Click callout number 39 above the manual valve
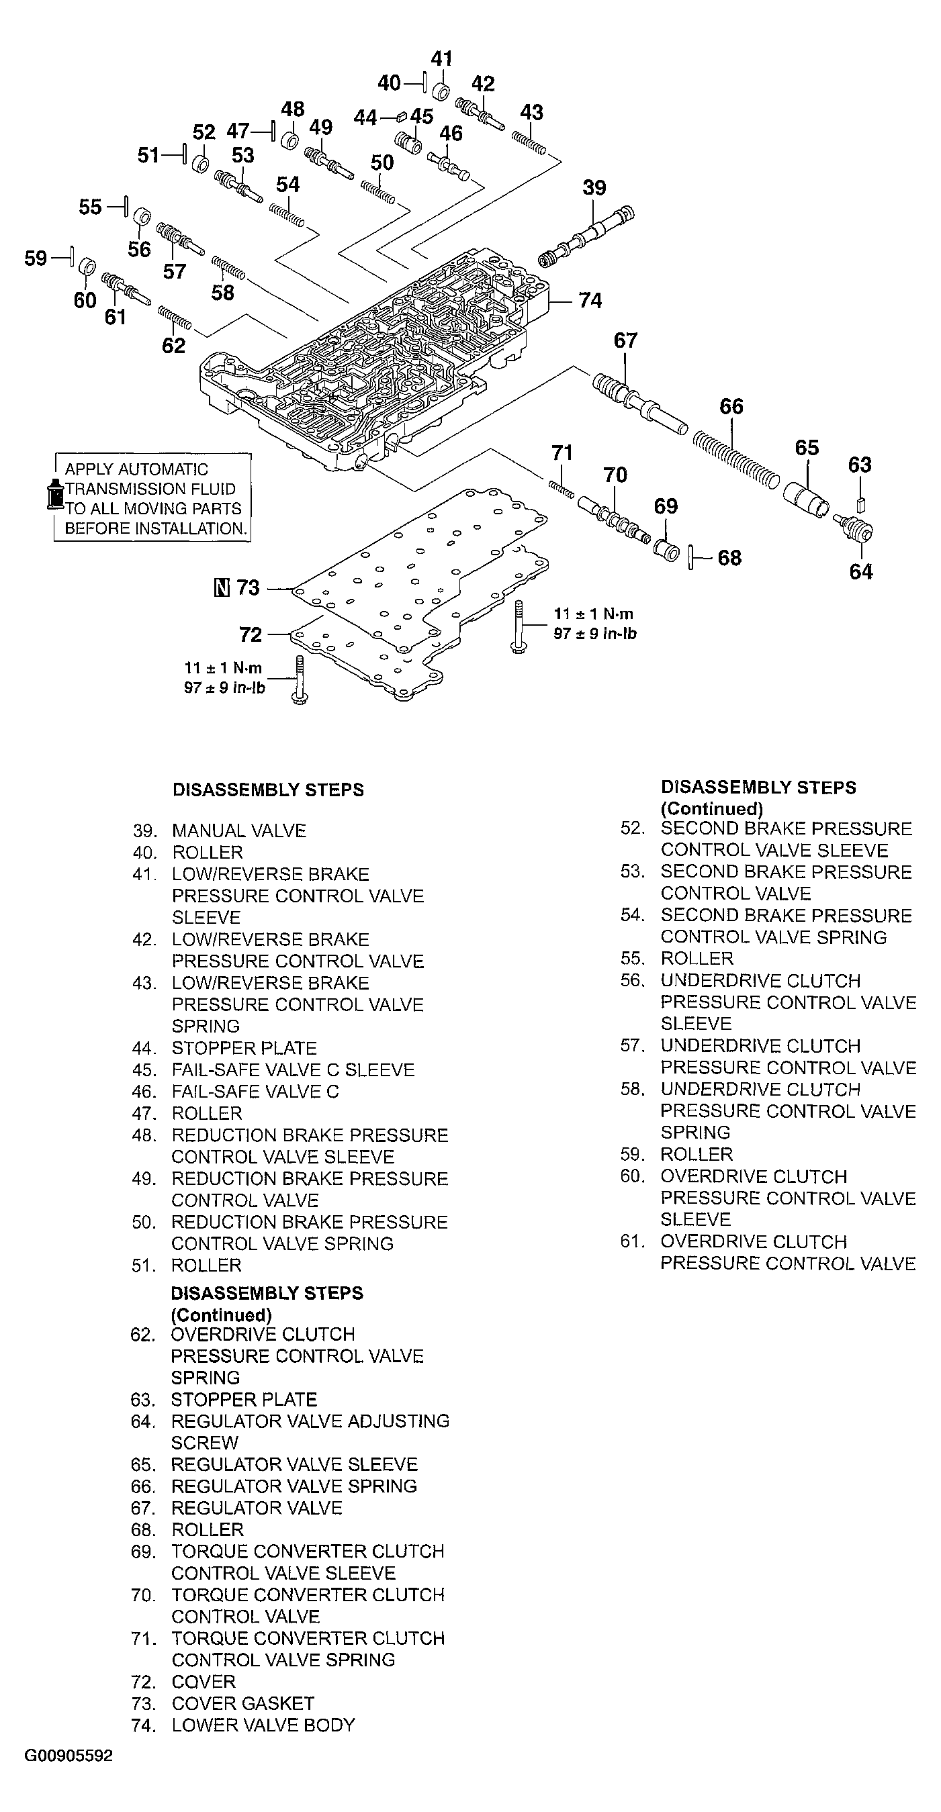[594, 188]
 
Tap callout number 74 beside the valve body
[590, 301]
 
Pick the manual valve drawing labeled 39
[588, 236]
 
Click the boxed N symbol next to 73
[221, 587]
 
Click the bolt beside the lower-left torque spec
[300, 680]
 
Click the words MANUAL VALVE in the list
[239, 830]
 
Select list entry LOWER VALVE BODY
[263, 1725]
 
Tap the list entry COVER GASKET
[243, 1703]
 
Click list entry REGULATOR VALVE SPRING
[294, 1486]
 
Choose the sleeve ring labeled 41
[441, 91]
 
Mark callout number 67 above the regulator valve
[625, 340]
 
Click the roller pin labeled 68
[692, 558]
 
